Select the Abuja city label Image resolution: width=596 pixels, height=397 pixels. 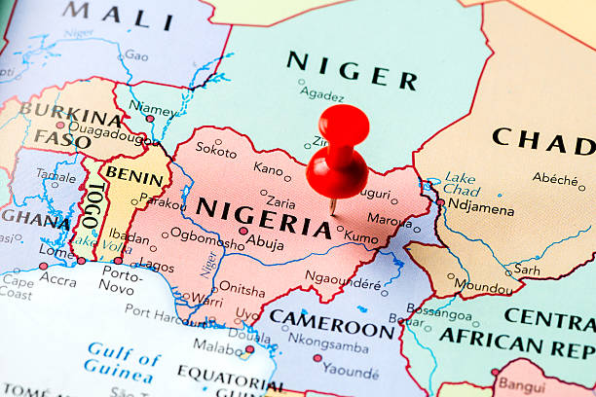pos(264,244)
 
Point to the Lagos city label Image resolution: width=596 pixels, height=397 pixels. pos(156,264)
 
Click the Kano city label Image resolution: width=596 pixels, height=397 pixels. pos(268,168)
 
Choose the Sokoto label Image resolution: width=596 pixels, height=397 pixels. pos(215,150)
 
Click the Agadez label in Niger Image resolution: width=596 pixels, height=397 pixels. pos(321,95)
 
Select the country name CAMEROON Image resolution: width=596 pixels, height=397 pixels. pos(331,322)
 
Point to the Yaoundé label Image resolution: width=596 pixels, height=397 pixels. pos(352,371)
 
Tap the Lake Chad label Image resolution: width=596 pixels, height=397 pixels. pos(460,184)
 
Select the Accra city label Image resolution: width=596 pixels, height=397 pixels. pos(58,281)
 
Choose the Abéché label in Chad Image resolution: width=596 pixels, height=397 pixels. pos(554,178)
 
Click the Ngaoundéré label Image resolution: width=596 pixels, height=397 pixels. pos(343,284)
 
